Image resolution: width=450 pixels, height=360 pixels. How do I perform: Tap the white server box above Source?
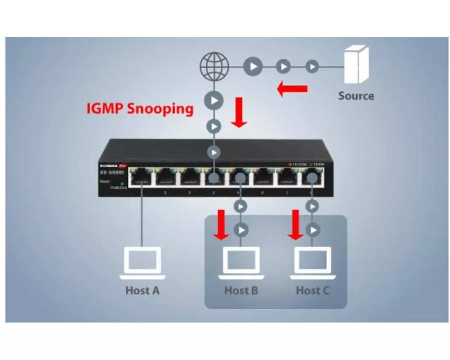pos(356,64)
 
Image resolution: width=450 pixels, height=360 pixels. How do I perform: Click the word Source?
pos(356,96)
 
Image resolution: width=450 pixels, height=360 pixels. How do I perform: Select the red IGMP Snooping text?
pos(140,108)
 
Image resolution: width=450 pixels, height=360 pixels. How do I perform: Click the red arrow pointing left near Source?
pos(292,89)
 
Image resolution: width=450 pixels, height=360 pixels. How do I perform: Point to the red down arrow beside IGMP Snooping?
pos(239,112)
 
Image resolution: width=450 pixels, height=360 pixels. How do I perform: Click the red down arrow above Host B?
pos(221,224)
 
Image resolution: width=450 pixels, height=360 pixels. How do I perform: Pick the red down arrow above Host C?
pos(296,224)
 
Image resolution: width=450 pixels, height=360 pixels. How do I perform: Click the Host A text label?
pos(142,290)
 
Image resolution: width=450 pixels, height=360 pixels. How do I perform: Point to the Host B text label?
pos(241,290)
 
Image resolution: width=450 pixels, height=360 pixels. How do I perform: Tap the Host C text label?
pos(312,290)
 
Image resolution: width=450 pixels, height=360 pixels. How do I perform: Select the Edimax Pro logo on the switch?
pos(112,166)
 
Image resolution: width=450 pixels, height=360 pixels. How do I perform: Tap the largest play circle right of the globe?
pos(253,66)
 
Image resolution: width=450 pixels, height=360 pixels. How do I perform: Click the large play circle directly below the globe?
pos(214,101)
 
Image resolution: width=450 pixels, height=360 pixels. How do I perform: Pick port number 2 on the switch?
pos(165,192)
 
